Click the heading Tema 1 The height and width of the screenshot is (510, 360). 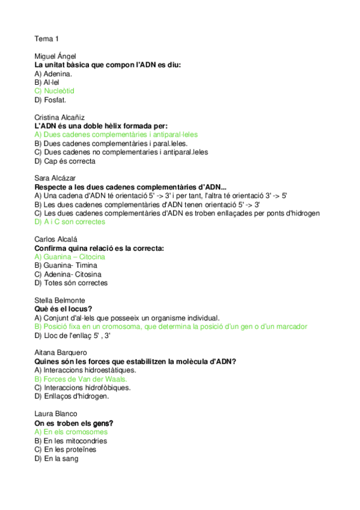tap(46, 39)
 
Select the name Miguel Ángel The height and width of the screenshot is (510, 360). tap(55, 56)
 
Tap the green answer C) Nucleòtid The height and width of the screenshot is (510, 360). tap(55, 91)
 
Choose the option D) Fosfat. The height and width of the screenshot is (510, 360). tap(50, 100)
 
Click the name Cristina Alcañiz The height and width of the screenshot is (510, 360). tap(60, 117)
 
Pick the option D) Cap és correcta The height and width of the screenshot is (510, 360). tap(65, 161)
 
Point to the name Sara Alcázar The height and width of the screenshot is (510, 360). tap(55, 179)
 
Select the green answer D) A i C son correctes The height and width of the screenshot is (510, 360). tap(70, 222)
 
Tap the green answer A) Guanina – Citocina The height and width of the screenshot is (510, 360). tap(70, 257)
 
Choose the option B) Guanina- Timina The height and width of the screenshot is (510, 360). tap(66, 265)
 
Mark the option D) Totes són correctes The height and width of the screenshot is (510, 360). tap(71, 283)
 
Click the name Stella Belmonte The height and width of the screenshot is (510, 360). tap(60, 300)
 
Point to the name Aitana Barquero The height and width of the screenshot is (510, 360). tap(61, 352)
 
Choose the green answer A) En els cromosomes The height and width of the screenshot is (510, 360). tap(71, 432)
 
